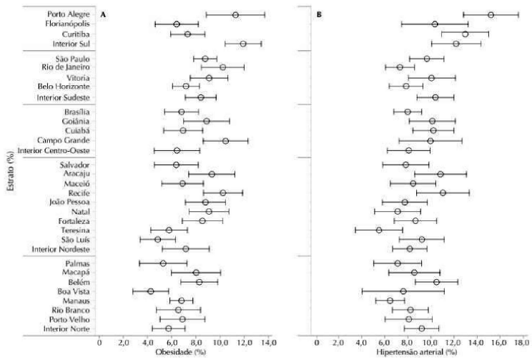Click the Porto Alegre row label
point(69,14)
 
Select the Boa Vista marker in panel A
point(151,291)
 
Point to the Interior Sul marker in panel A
point(243,44)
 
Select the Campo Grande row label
point(67,141)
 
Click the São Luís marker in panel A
point(158,239)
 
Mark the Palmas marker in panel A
point(163,263)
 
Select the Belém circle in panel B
point(437,282)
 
